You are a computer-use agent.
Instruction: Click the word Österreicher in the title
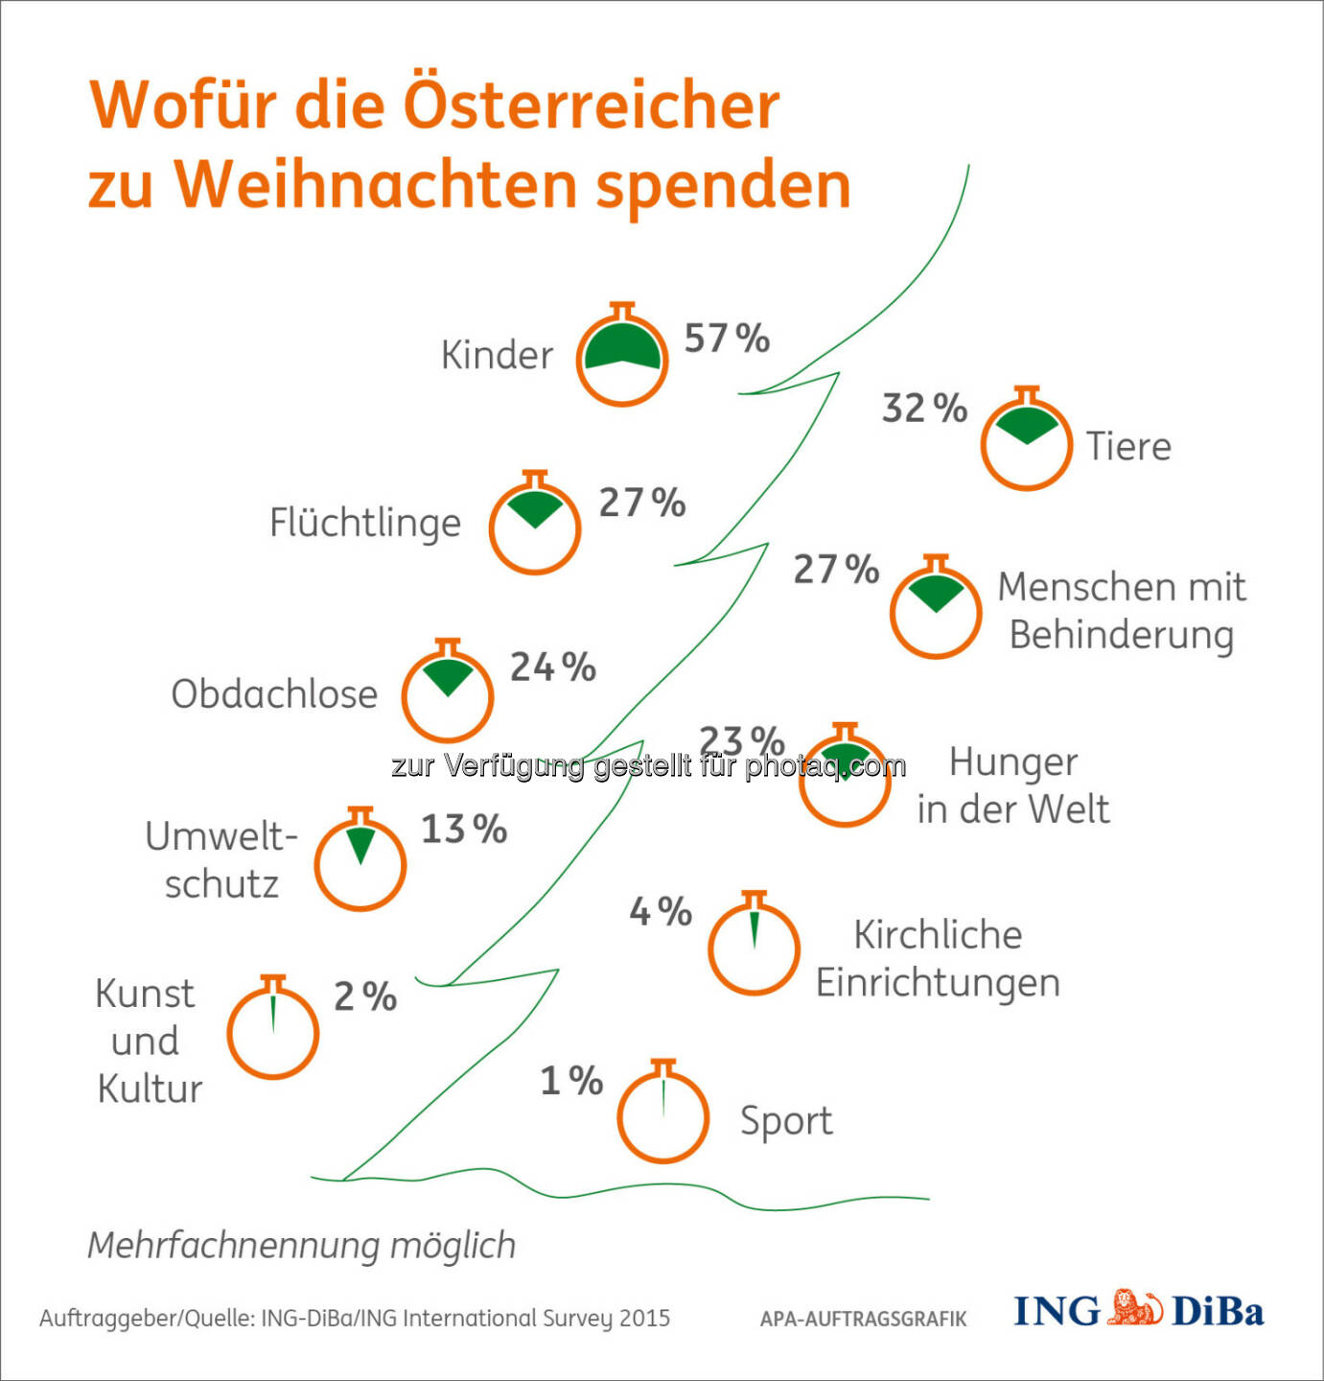pyautogui.click(x=590, y=105)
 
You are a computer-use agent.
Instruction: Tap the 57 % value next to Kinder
pyautogui.click(x=726, y=339)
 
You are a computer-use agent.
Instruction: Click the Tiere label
pyautogui.click(x=1128, y=447)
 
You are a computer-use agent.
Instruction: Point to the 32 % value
pyautogui.click(x=924, y=409)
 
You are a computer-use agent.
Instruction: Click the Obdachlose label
pyautogui.click(x=274, y=694)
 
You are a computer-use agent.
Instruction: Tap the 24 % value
pyautogui.click(x=552, y=667)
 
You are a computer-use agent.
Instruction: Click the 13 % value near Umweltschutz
pyautogui.click(x=464, y=830)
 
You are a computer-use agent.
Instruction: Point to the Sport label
pyautogui.click(x=786, y=1121)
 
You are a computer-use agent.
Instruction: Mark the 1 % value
pyautogui.click(x=571, y=1082)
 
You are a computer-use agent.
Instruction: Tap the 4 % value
pyautogui.click(x=661, y=912)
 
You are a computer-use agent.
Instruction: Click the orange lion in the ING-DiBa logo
pyautogui.click(x=1136, y=1309)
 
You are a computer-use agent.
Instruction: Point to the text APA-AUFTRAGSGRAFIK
pyautogui.click(x=863, y=1320)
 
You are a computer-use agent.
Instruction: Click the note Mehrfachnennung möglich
pyautogui.click(x=302, y=1246)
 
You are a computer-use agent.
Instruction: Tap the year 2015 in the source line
pyautogui.click(x=644, y=1319)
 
